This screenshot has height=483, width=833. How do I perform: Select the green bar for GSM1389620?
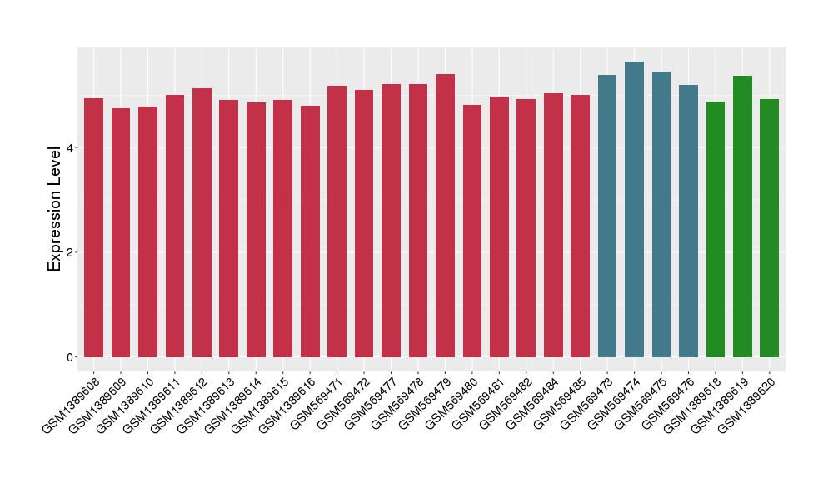point(769,228)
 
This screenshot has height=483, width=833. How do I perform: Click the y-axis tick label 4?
point(71,148)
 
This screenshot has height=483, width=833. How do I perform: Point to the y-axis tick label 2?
point(71,252)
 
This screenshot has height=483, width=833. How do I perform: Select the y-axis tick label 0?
point(71,357)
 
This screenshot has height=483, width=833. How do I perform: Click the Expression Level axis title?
point(55,208)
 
